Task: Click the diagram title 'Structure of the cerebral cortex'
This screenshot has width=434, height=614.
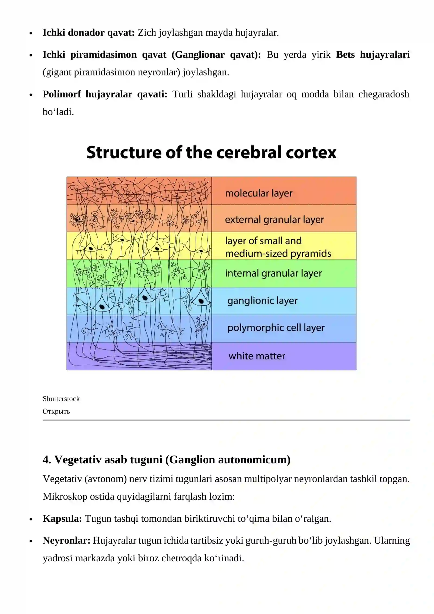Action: click(x=211, y=152)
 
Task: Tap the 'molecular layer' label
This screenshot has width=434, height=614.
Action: click(x=259, y=193)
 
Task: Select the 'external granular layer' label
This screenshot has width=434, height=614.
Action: click(x=275, y=220)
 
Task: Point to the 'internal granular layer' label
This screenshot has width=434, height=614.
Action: click(x=273, y=273)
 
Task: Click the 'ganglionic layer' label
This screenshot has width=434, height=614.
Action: click(x=262, y=301)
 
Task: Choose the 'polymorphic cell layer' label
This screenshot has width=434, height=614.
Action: click(x=276, y=328)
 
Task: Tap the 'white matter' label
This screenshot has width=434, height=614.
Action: click(x=257, y=356)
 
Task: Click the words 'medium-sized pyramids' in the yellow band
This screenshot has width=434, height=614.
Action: click(x=278, y=254)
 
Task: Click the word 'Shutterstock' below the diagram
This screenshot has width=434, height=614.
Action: click(x=61, y=399)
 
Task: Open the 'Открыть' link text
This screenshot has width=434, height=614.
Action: click(x=56, y=411)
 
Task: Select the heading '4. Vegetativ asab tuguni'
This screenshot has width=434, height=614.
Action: click(x=103, y=460)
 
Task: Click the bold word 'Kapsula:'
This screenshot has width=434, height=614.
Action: click(x=62, y=518)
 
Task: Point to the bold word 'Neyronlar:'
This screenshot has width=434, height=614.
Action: click(x=66, y=540)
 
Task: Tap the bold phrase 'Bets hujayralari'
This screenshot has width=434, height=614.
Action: click(x=373, y=55)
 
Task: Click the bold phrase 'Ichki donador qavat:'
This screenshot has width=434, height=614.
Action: click(x=89, y=33)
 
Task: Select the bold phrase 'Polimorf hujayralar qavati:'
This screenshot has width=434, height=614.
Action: click(x=105, y=94)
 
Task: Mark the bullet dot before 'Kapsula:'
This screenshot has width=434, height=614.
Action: click(x=31, y=519)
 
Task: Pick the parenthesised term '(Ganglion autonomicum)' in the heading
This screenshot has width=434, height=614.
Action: click(x=228, y=460)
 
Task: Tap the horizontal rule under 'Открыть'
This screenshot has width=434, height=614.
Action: click(x=226, y=420)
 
